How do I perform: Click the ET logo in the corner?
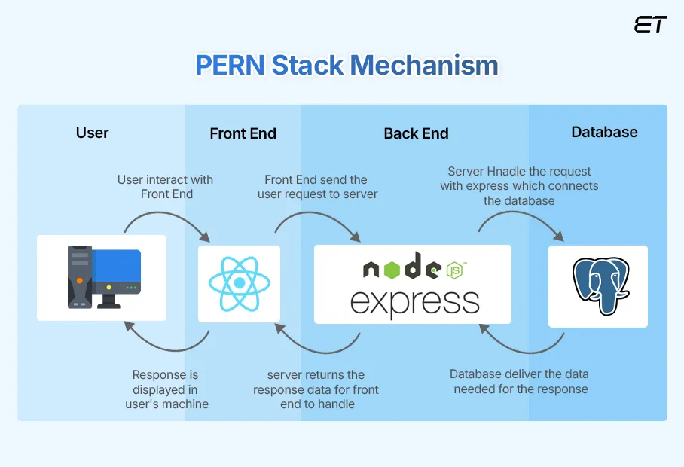(650, 24)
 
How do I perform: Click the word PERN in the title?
(229, 65)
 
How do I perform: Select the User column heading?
(93, 133)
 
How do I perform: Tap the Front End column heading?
(243, 133)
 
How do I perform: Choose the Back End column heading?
(416, 133)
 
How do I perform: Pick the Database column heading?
(604, 132)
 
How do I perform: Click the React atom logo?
(239, 283)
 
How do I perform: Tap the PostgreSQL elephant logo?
(600, 285)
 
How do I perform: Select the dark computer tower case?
(79, 276)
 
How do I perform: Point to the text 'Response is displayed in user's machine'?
(165, 389)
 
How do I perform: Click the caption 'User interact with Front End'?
(166, 187)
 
